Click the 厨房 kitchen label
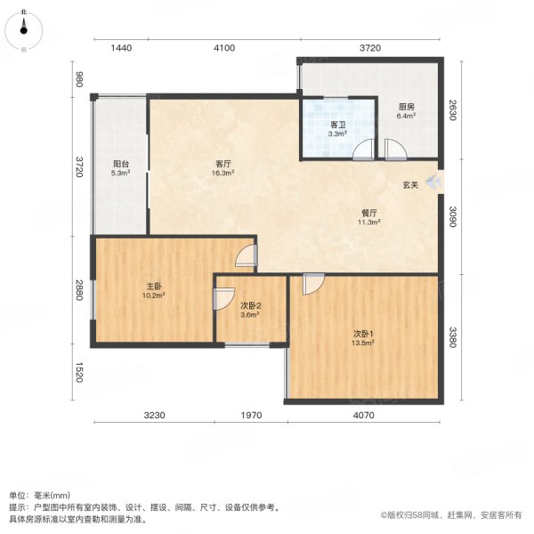pyautogui.click(x=407, y=107)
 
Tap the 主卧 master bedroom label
pyautogui.click(x=153, y=287)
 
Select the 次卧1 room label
pyautogui.click(x=361, y=334)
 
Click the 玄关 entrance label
pyautogui.click(x=409, y=185)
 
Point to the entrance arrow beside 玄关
pyautogui.click(x=433, y=183)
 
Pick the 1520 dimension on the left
pyautogui.click(x=79, y=373)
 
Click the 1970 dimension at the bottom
pyautogui.click(x=251, y=414)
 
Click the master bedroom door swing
pyautogui.click(x=246, y=257)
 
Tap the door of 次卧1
pyautogui.click(x=312, y=283)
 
